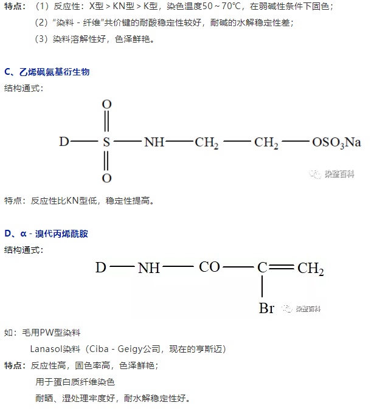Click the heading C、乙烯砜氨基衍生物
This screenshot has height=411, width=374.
tap(46, 72)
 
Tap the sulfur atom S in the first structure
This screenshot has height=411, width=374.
tap(106, 142)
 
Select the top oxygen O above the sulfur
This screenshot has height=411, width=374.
tap(106, 104)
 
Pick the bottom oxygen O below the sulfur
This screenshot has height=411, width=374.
tap(106, 178)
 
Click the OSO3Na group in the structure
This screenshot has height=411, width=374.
tap(336, 143)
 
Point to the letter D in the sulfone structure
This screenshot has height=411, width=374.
tap(64, 142)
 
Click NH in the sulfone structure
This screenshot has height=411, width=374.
tap(154, 142)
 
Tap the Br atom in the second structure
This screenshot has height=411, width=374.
tap(266, 308)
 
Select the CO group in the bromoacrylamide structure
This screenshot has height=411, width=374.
tap(209, 267)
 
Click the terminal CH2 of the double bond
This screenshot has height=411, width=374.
tap(311, 268)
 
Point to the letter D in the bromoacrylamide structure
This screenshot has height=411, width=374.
tap(101, 267)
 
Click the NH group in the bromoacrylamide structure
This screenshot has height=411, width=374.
tap(149, 268)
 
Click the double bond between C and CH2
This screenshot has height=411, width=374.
tap(282, 267)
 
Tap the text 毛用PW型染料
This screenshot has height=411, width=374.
tap(50, 333)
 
